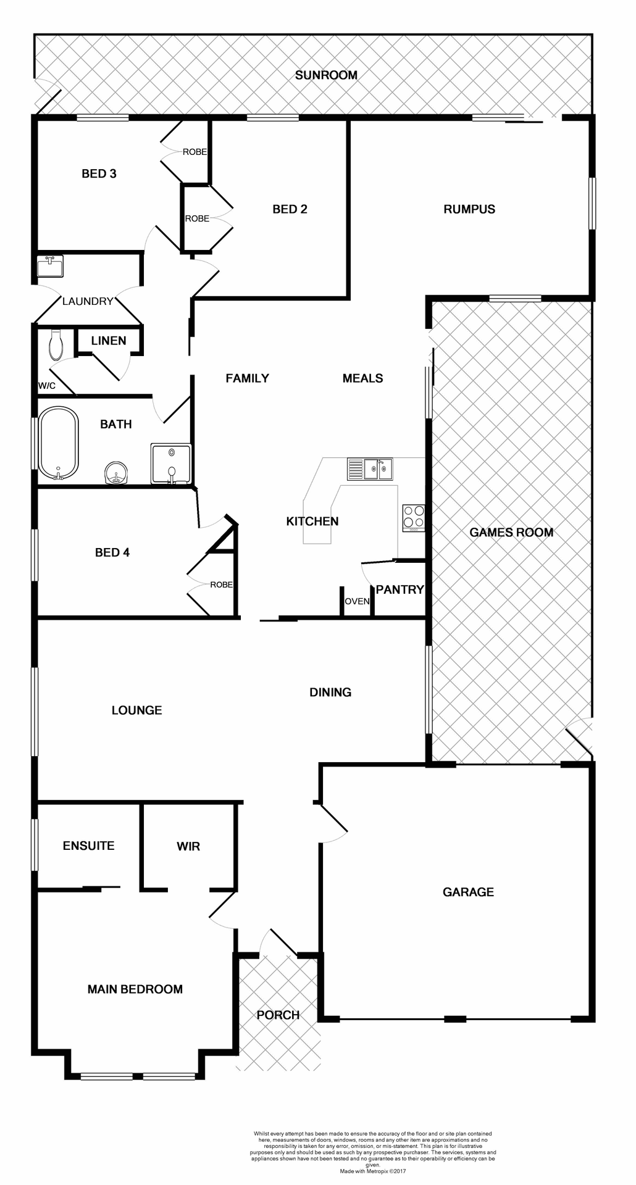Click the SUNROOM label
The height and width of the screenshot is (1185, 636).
click(326, 75)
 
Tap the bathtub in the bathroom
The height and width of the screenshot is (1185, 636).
click(59, 443)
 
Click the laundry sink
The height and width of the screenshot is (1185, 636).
click(50, 267)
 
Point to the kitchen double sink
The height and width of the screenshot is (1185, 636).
click(377, 469)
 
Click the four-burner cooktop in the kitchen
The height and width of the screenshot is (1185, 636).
click(414, 518)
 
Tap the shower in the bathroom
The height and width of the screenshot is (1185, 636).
click(171, 464)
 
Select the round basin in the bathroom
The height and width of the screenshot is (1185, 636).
click(115, 473)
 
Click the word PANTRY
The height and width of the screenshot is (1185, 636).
click(400, 589)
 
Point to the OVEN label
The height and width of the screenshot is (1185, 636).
click(357, 601)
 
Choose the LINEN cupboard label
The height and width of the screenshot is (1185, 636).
click(109, 341)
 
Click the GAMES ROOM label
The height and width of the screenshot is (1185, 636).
click(511, 532)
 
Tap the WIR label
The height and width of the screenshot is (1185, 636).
click(188, 846)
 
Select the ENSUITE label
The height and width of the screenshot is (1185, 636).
click(89, 846)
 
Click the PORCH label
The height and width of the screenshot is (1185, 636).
click(278, 1015)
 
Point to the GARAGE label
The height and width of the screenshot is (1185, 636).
click(468, 892)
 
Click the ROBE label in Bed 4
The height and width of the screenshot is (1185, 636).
click(221, 584)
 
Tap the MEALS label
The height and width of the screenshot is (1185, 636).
click(362, 378)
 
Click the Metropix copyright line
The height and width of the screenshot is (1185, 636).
click(373, 1171)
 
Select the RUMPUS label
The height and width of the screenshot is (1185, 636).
click(469, 209)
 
